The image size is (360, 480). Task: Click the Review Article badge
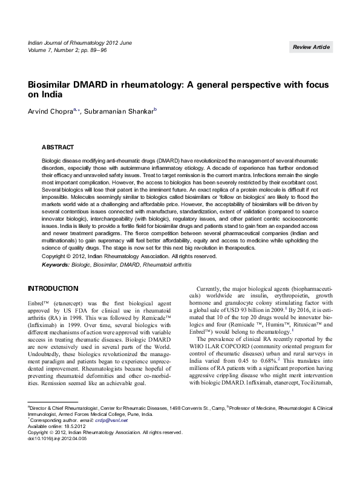(x=311, y=47)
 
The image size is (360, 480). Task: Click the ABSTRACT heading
(x=57, y=147)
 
